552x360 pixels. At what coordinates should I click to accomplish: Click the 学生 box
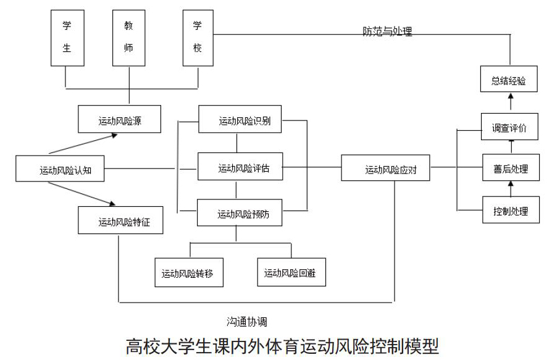pos(67,38)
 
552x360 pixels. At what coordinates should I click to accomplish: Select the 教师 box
pos(129,38)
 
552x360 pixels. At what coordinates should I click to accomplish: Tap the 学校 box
pos(198,38)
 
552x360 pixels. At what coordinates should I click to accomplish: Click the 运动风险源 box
pos(119,119)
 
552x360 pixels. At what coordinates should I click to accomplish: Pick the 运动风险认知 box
pos(60,169)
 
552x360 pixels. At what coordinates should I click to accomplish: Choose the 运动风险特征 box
pos(120,220)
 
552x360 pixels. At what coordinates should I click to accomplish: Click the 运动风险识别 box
pos(240,119)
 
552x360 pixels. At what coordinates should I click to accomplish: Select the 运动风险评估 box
pos(240,167)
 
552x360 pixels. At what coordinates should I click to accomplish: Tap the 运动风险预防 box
pos(240,212)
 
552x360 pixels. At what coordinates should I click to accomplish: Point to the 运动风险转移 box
pos(189,272)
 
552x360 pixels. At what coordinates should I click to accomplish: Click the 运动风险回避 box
pos(291,272)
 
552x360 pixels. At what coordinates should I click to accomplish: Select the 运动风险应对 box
pos(385,168)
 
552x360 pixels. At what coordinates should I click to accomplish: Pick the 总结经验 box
pos(509,79)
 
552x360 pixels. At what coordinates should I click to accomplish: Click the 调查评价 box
pos(510,127)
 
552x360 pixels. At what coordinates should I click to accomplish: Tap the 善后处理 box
pos(511,167)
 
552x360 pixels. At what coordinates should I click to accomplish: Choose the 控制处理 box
pos(511,210)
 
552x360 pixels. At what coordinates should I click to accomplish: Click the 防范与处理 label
pos(388,31)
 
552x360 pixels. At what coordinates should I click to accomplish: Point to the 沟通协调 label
pos(247,321)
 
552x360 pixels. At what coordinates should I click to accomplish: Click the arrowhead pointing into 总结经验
pos(511,95)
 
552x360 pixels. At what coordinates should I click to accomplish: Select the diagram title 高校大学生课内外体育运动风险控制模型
pos(282,346)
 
